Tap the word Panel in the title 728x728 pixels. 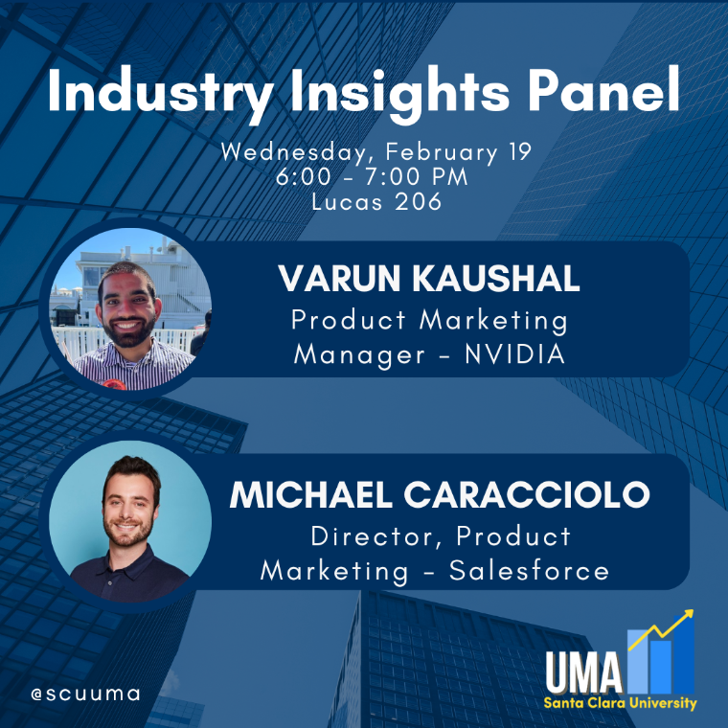point(604,89)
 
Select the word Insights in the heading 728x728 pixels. point(400,92)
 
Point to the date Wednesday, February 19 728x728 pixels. point(376,151)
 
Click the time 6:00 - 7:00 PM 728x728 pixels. point(372,177)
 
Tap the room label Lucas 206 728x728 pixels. point(376,201)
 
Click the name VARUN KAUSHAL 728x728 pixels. point(429,279)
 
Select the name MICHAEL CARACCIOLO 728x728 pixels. point(440,494)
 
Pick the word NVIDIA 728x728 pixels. point(515,354)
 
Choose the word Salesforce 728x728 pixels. point(529,570)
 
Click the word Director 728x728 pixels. point(375,536)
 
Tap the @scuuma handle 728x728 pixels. point(85,694)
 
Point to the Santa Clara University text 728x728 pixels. point(621,703)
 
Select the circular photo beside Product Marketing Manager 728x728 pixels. point(130,308)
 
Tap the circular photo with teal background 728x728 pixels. point(130,521)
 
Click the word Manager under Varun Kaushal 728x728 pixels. point(359,355)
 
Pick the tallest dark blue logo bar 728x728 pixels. point(683,654)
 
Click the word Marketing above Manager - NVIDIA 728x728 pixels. point(493,321)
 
